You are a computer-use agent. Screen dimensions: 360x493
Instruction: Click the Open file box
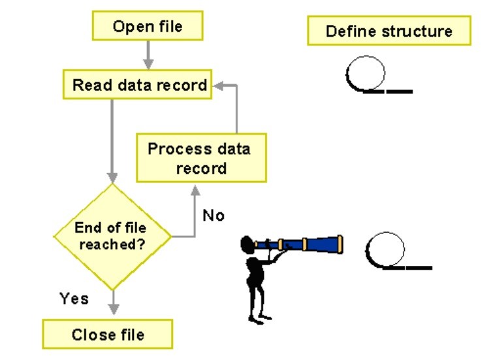148,27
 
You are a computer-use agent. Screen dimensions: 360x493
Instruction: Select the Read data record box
139,85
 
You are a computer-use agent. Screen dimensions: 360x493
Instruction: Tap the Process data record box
200,157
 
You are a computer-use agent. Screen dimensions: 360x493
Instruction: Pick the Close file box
108,335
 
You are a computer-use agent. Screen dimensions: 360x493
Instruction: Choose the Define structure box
389,31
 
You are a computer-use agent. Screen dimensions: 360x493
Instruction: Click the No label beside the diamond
213,215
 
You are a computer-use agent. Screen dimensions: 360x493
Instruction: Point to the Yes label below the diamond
74,299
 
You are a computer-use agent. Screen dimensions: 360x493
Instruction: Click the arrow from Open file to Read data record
148,54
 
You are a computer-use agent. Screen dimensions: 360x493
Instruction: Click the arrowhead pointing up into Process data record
195,189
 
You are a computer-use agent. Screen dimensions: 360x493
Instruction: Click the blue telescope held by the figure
307,245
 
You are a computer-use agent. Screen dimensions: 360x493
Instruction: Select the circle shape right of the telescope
385,250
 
